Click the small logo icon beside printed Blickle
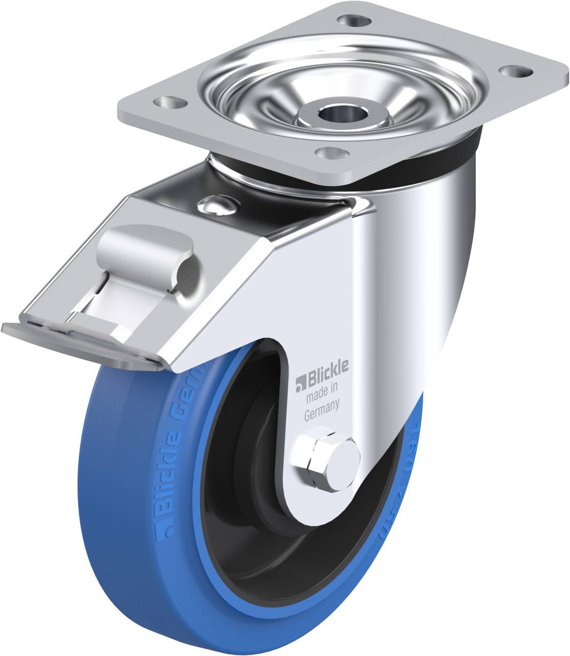(300, 382)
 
